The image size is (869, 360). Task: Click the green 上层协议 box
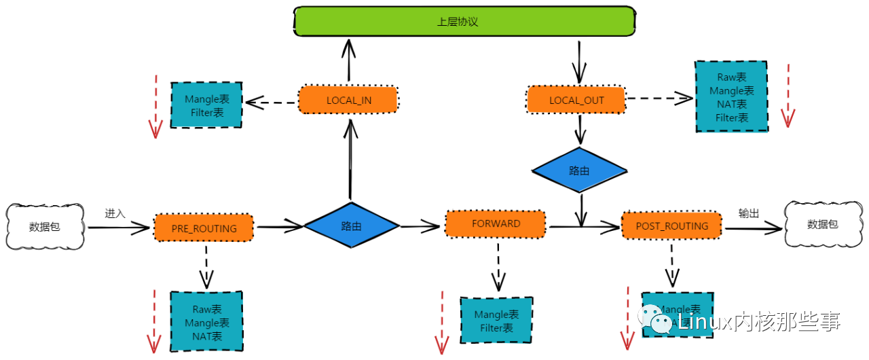click(464, 21)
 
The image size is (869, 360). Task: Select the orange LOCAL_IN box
click(348, 100)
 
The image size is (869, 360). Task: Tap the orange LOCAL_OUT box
click(576, 100)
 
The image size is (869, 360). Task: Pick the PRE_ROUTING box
click(204, 228)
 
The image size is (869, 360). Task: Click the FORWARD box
click(496, 223)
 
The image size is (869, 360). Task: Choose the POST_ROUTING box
click(671, 226)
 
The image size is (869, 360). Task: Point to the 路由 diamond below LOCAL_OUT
click(579, 170)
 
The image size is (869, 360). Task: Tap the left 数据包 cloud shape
click(44, 226)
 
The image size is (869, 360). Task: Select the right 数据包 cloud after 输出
click(822, 224)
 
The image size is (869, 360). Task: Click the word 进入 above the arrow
click(115, 213)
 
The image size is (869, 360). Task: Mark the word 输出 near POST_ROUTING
click(749, 213)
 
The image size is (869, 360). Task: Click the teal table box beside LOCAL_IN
click(206, 105)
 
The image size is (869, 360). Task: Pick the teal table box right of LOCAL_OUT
click(731, 97)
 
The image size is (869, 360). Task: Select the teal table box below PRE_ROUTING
click(206, 321)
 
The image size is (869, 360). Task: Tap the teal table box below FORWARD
click(496, 321)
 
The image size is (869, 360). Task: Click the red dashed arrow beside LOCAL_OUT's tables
click(788, 96)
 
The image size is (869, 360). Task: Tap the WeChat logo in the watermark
click(654, 319)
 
